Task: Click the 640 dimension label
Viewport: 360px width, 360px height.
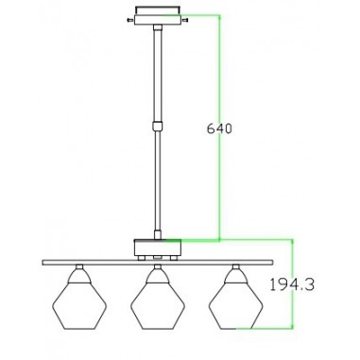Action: coord(219,129)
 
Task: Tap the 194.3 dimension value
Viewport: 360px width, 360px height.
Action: coord(292,285)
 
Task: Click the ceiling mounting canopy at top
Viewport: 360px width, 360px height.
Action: coord(158,16)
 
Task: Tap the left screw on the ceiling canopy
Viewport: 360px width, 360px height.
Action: coord(130,21)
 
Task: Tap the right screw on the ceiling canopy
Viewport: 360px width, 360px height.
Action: coord(185,21)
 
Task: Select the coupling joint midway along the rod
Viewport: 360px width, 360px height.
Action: coord(158,126)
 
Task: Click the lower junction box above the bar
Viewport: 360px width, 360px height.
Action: coord(158,248)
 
